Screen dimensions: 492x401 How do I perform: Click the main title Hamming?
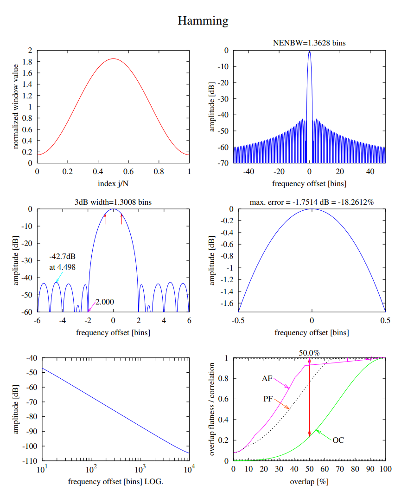point(203,21)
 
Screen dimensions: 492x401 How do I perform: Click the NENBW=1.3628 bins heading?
point(309,43)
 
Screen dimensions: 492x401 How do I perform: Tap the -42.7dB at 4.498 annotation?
point(63,262)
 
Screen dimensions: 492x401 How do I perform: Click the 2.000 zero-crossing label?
point(104,302)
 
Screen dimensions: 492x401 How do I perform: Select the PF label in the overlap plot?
point(268,398)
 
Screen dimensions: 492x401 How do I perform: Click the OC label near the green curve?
point(338,440)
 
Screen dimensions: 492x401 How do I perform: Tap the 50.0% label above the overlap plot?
point(309,353)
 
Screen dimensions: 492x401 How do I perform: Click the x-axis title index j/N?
point(113,184)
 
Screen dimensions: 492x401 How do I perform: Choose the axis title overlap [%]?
point(309,481)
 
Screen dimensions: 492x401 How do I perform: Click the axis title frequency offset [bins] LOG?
point(115,481)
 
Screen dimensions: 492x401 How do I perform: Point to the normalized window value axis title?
point(16,106)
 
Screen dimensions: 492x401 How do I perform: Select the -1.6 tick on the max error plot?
point(224,303)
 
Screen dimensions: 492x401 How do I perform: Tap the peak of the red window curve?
point(113,59)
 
